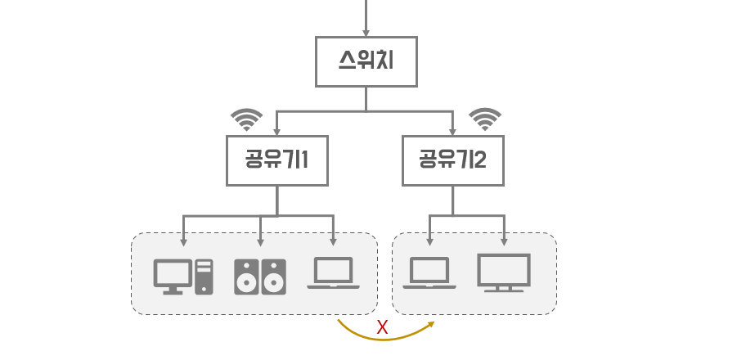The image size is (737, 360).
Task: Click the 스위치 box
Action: point(366,61)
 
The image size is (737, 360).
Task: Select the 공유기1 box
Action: point(277,160)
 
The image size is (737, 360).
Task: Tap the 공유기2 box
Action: point(453,160)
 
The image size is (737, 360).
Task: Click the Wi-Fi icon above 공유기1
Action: point(246,119)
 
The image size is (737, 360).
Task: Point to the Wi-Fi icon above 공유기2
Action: point(485,119)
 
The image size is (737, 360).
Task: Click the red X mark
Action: point(382,327)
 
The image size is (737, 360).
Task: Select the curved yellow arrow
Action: point(384,339)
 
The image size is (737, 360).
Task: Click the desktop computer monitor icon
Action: point(173,277)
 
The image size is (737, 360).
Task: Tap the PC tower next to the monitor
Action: point(204,277)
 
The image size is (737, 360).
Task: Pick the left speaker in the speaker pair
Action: point(247,277)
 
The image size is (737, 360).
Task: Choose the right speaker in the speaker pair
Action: point(273,277)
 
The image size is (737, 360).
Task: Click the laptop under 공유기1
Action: point(333,272)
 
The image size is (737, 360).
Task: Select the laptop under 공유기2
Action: point(429,272)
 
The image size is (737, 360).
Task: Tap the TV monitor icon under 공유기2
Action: point(504,273)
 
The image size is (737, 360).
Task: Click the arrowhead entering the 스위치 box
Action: point(366,33)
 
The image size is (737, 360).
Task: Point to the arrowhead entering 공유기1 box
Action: point(277,132)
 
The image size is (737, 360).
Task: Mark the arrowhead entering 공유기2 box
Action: point(453,132)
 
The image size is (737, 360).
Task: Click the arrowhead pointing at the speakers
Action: point(260,242)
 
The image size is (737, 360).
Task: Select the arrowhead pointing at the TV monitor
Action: point(504,242)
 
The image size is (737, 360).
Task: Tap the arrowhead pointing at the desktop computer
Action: point(183,242)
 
